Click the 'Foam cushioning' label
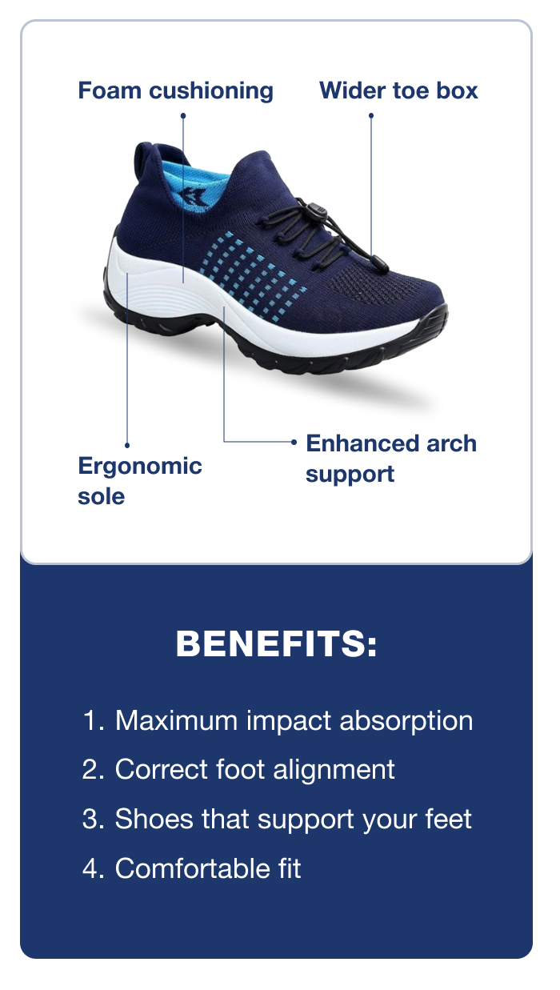(175, 91)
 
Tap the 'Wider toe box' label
(398, 90)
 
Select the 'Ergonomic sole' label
(139, 481)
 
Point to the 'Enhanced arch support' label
(391, 459)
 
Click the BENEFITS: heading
(277, 643)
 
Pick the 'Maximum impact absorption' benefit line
(278, 721)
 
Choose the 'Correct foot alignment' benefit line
(238, 769)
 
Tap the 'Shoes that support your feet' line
(277, 819)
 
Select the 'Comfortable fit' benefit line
(192, 868)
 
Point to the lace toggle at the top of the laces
(315, 206)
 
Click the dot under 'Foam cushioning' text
(183, 116)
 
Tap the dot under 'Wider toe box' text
(371, 116)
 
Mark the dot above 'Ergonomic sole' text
(127, 446)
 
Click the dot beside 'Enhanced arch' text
(294, 442)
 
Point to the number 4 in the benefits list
(90, 868)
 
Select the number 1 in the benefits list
(90, 721)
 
